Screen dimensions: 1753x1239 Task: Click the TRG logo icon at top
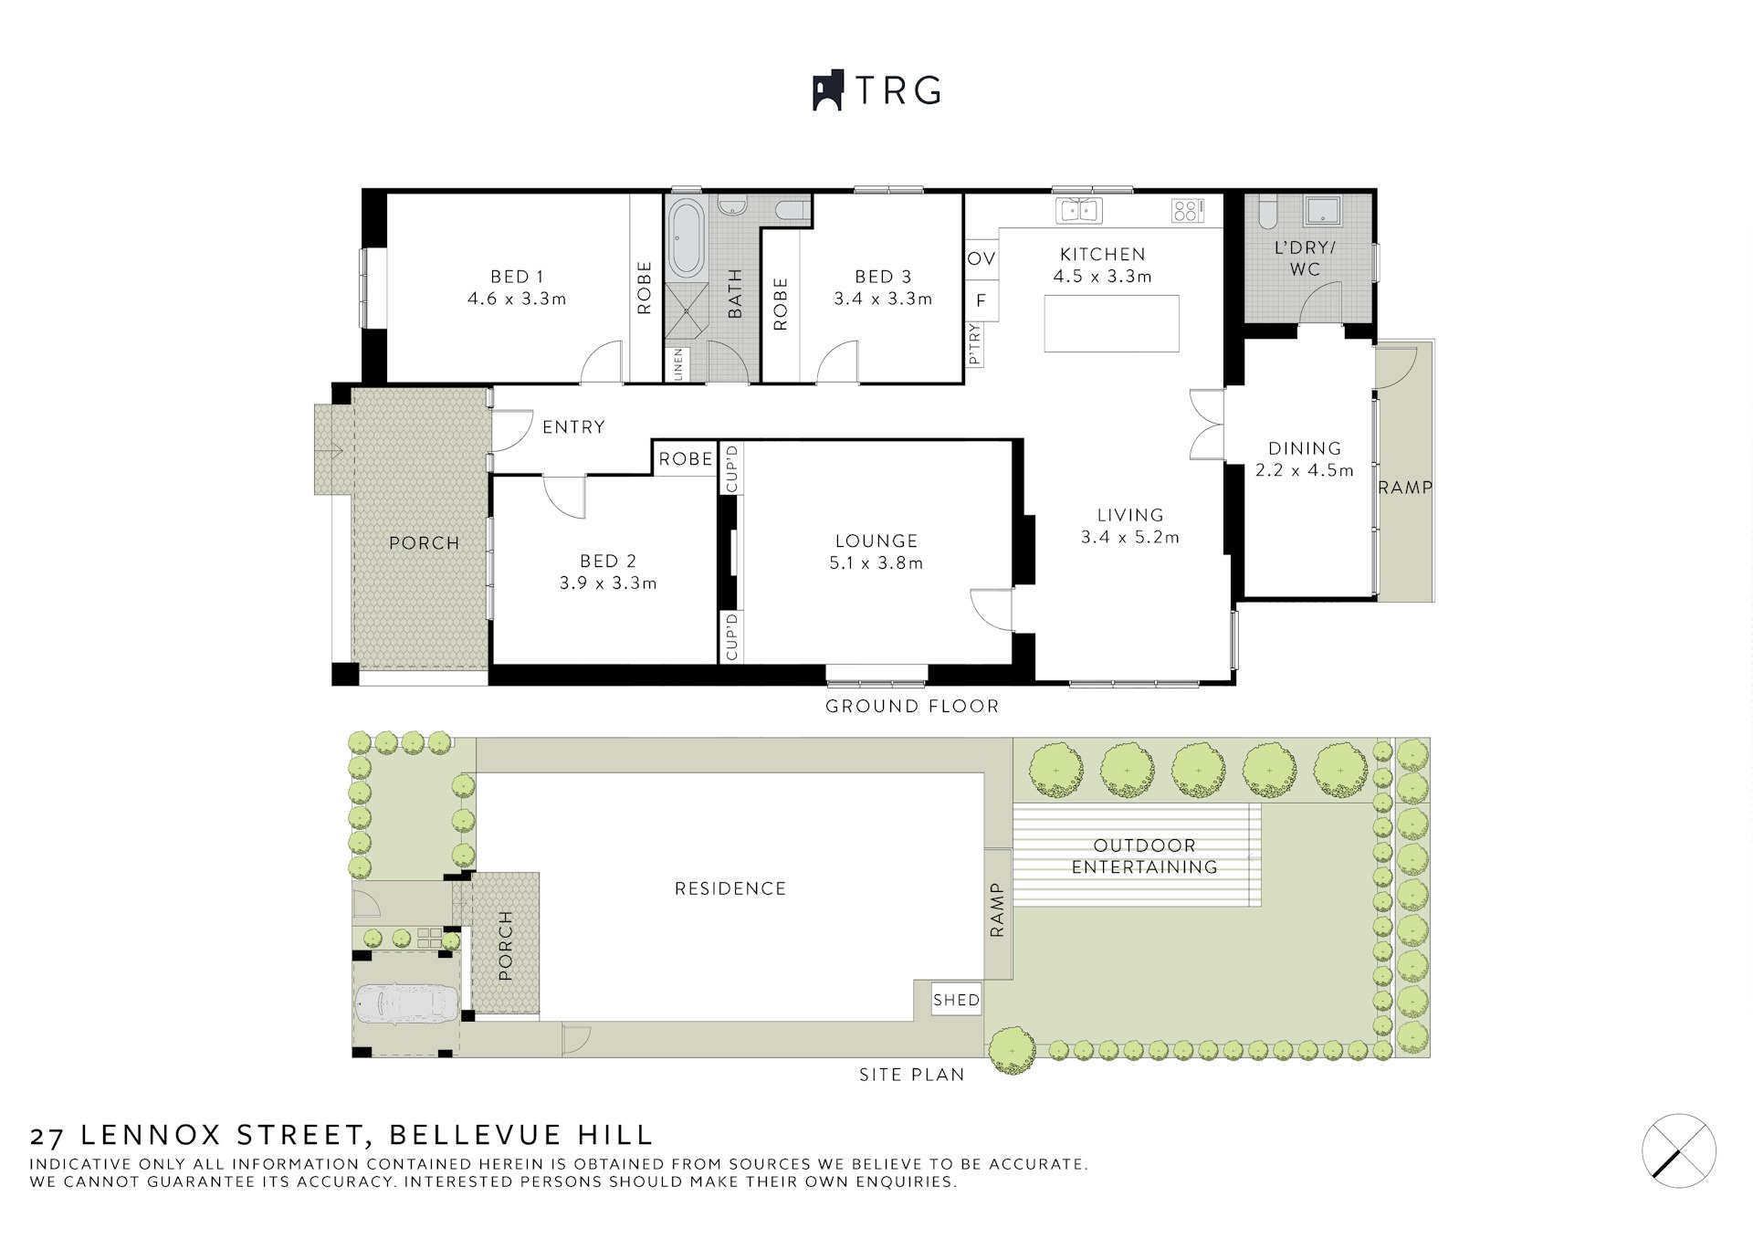827,90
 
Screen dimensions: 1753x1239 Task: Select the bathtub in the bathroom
687,239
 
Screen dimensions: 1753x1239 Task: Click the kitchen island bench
1112,323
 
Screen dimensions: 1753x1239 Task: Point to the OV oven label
981,258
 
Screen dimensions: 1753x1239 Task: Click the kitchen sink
1078,211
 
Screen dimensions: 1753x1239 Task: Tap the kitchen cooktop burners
1185,212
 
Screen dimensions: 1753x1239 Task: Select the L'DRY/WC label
1305,258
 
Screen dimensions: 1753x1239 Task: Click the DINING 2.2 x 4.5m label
1305,459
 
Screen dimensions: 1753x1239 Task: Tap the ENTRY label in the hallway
573,426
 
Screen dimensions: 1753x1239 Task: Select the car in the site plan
406,1006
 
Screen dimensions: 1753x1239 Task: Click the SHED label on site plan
957,1000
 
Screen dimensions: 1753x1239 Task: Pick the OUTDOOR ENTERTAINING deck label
1144,856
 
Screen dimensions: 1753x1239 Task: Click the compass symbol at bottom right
1679,1150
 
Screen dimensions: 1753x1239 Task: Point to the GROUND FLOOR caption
912,706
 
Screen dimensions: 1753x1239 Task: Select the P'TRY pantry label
974,344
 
